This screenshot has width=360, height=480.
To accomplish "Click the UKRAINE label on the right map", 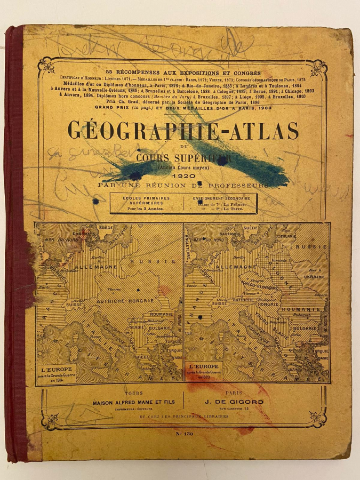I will click(315, 278).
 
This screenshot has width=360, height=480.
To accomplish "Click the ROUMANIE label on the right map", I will click(309, 309).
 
